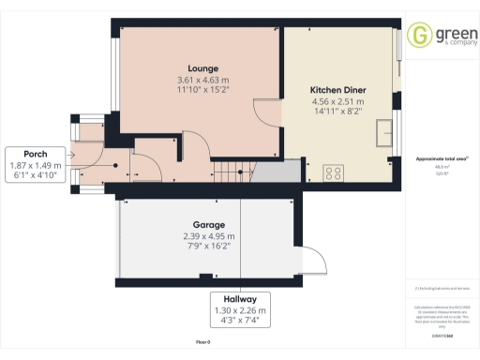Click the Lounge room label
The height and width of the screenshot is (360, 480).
[202, 68]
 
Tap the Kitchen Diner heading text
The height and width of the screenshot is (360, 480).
[337, 90]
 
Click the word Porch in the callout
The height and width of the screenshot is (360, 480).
[36, 154]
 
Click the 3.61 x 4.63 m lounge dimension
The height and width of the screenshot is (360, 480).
[202, 80]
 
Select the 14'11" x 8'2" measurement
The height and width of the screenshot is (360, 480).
[337, 112]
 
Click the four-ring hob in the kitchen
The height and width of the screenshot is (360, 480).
[334, 172]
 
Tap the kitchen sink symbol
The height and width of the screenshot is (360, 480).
[383, 133]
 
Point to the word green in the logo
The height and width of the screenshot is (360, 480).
[451, 32]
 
